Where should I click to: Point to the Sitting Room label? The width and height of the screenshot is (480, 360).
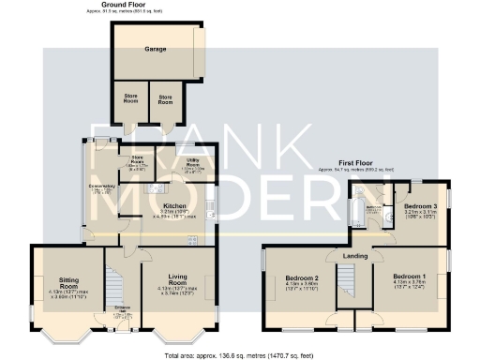click(x=67, y=279)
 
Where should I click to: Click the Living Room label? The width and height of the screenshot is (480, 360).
click(x=178, y=277)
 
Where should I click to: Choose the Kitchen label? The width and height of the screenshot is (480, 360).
click(x=174, y=205)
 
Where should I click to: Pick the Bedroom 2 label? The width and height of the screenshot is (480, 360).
click(x=303, y=279)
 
